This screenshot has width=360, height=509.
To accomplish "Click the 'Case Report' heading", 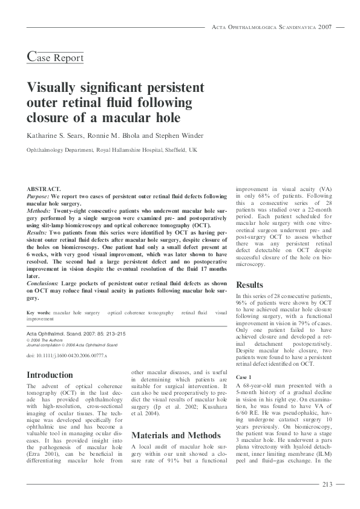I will click(x=56, y=57).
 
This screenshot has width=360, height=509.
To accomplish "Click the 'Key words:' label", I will click(x=39, y=313).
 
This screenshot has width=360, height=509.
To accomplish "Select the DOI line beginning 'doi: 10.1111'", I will click(x=67, y=355).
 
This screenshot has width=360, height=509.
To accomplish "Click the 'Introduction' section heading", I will click(x=50, y=375).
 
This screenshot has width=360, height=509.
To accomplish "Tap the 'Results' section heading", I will click(x=249, y=284).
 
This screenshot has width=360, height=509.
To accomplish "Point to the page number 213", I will click(x=327, y=484).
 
